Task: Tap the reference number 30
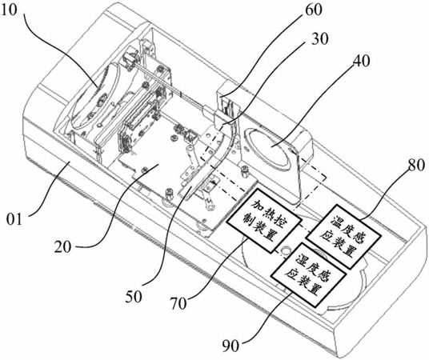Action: pos(319,39)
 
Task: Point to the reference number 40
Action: pos(361,61)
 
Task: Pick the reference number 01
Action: pos(14,220)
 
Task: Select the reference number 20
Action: pos(62,246)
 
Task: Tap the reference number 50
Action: pos(134,297)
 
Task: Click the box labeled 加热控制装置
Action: pos(265,220)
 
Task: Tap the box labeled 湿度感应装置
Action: pos(308,274)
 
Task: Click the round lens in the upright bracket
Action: pos(270,149)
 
